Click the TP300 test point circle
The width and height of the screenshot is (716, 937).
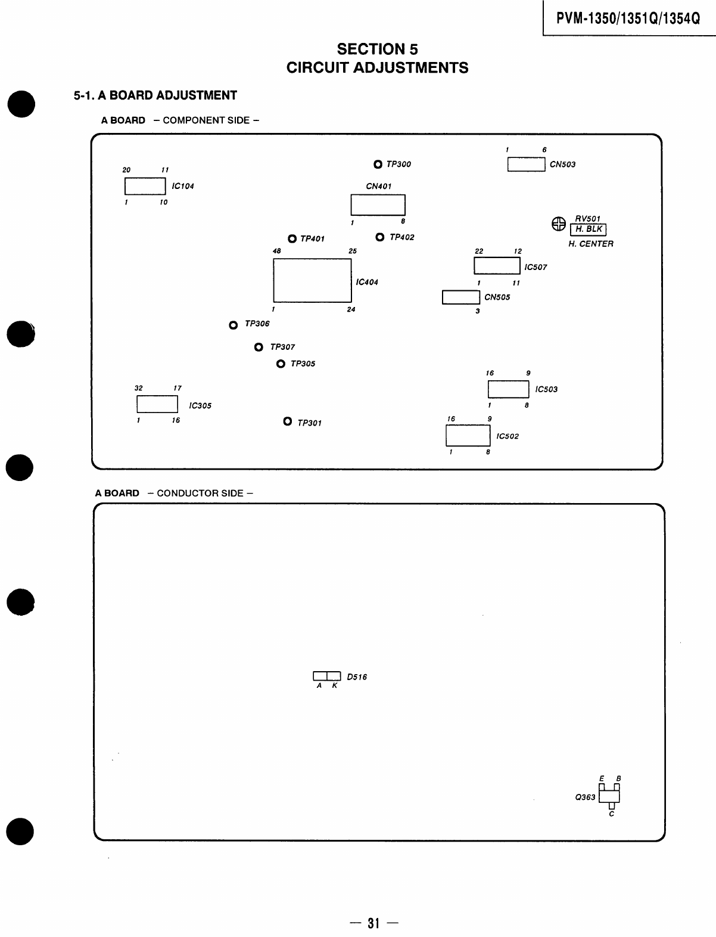[x=378, y=165]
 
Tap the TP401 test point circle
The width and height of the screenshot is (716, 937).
[x=292, y=239]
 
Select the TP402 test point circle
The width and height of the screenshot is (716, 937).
[x=380, y=237]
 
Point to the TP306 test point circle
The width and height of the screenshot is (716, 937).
[x=234, y=325]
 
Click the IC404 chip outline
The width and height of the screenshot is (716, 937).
[x=312, y=280]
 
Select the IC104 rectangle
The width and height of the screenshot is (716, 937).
[x=145, y=186]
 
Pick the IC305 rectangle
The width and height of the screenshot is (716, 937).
[x=157, y=404]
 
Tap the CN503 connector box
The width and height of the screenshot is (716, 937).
[x=526, y=165]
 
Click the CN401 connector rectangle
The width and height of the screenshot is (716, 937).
[x=378, y=204]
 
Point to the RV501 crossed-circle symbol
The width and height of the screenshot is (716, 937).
[x=558, y=224]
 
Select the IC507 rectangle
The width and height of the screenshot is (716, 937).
[x=497, y=266]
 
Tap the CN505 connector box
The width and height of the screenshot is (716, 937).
[x=460, y=297]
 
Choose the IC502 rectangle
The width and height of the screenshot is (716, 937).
[x=468, y=436]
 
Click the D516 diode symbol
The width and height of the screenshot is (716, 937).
[x=327, y=676]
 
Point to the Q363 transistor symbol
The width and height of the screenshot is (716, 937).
[x=609, y=796]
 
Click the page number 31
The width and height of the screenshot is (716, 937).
[x=374, y=923]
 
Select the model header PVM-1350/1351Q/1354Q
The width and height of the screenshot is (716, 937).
[x=628, y=18]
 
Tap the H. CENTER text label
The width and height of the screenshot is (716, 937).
[x=590, y=244]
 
